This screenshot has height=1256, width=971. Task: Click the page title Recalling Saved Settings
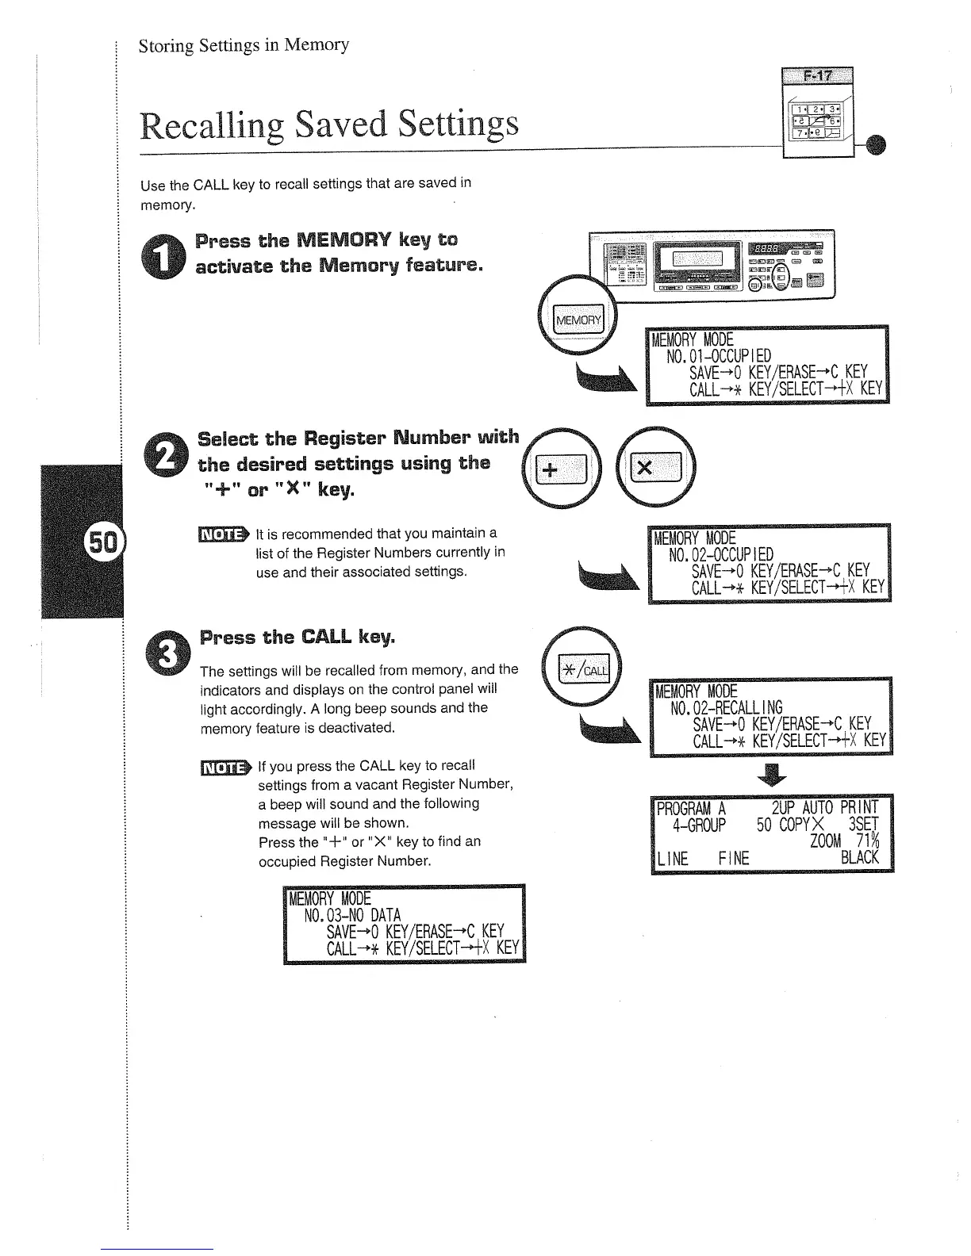[x=329, y=124]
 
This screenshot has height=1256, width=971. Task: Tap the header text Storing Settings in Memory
[x=244, y=44]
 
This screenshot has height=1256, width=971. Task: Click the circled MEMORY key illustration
[x=578, y=320]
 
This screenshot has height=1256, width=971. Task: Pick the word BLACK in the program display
[x=859, y=857]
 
